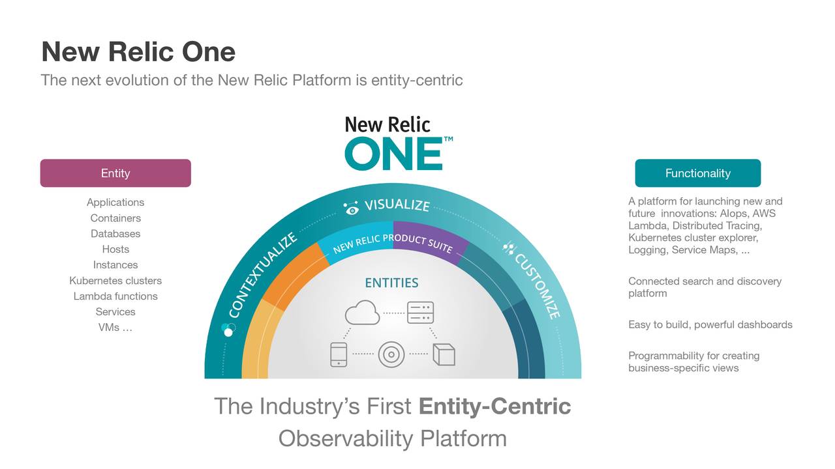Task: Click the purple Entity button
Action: (x=115, y=173)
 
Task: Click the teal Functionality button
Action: (x=697, y=173)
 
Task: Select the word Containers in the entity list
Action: (x=115, y=218)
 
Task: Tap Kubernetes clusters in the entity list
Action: (x=115, y=281)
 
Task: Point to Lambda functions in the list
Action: (x=115, y=296)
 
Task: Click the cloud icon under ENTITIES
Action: (x=363, y=313)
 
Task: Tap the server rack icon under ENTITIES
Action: (x=420, y=313)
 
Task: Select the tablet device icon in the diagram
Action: (x=339, y=354)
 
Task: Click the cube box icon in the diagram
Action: (x=444, y=354)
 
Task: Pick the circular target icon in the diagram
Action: (x=391, y=354)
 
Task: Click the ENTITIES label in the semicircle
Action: (x=391, y=283)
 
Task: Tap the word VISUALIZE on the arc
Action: (x=397, y=205)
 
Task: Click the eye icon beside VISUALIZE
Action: (x=352, y=208)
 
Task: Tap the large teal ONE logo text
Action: (x=393, y=154)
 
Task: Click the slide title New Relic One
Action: (x=138, y=51)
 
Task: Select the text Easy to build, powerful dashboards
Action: (x=710, y=324)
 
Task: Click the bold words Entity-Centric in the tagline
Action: (x=494, y=406)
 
